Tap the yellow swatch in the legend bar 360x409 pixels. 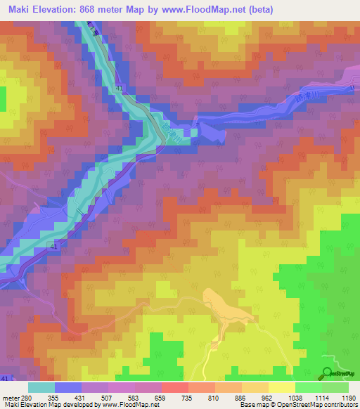coord(282,387)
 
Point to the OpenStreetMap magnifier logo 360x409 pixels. coord(328,372)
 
